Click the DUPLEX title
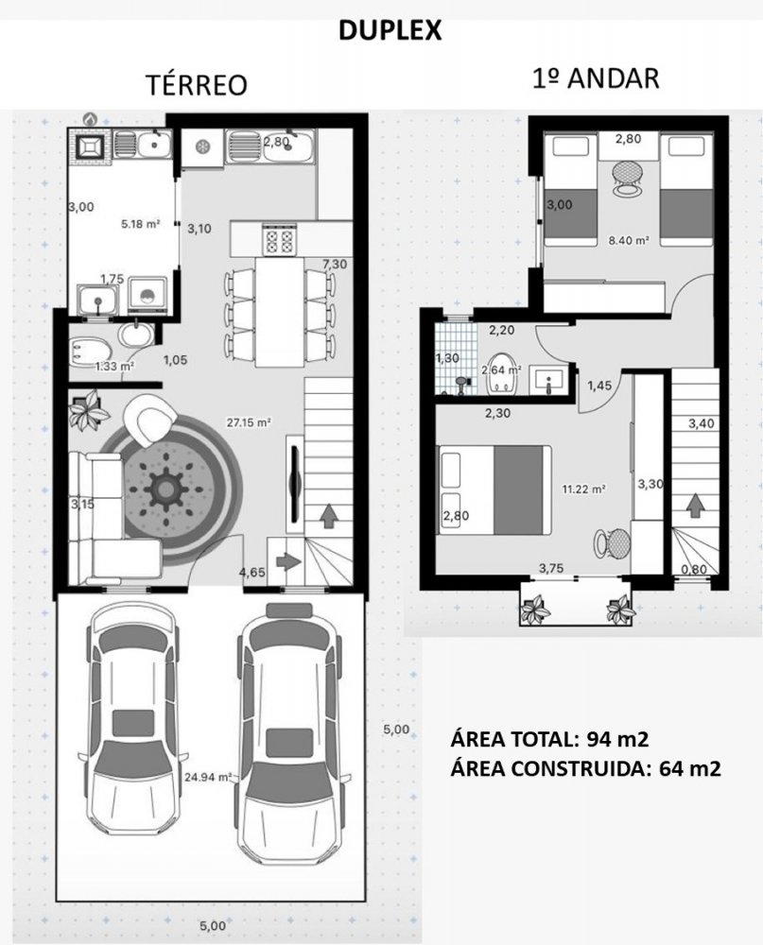[390, 30]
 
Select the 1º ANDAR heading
[596, 78]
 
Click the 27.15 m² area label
[249, 422]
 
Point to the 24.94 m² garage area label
[208, 777]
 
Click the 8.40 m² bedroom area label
[629, 240]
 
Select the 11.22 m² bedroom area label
[584, 489]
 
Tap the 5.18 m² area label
[141, 224]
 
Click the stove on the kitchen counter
[279, 238]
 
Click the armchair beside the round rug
[149, 421]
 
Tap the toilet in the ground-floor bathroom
[89, 353]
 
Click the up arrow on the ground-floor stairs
[329, 515]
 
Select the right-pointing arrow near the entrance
[288, 561]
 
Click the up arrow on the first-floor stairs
[696, 505]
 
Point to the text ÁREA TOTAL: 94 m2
[549, 739]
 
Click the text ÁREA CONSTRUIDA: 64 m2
[585, 768]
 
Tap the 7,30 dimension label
[335, 264]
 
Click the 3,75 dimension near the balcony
[551, 568]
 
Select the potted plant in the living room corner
[89, 411]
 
